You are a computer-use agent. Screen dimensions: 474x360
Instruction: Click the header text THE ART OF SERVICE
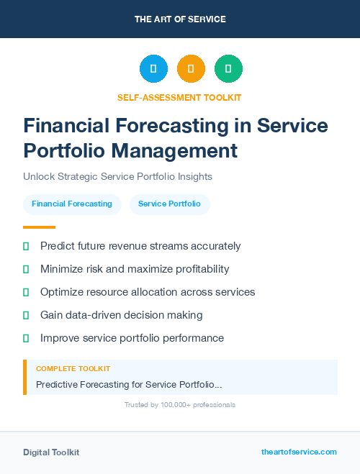click(x=180, y=19)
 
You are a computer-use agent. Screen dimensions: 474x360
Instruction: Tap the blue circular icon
click(x=153, y=69)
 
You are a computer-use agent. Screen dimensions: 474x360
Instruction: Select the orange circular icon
click(x=191, y=69)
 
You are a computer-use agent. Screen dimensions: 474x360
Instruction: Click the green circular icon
click(x=228, y=69)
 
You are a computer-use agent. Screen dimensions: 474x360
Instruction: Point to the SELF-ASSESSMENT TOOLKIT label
click(x=179, y=97)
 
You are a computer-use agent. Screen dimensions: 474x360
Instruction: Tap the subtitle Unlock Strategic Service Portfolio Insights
click(x=117, y=176)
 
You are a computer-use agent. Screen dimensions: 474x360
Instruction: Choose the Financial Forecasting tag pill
click(x=72, y=204)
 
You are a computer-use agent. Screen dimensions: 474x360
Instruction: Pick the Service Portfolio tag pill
click(x=169, y=204)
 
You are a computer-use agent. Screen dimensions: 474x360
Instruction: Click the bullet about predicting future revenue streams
click(x=140, y=246)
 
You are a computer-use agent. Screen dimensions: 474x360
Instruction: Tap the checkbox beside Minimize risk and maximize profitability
click(x=26, y=269)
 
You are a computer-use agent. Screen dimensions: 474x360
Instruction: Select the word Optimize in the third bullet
click(x=62, y=292)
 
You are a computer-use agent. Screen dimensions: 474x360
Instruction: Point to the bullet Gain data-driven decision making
click(x=121, y=315)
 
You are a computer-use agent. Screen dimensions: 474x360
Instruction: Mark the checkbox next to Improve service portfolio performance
click(x=26, y=338)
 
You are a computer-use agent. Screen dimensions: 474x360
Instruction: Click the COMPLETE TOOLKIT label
click(x=73, y=368)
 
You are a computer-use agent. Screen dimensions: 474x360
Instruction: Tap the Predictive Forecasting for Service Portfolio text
click(x=129, y=385)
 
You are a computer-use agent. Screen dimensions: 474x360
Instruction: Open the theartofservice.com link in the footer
click(x=299, y=452)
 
